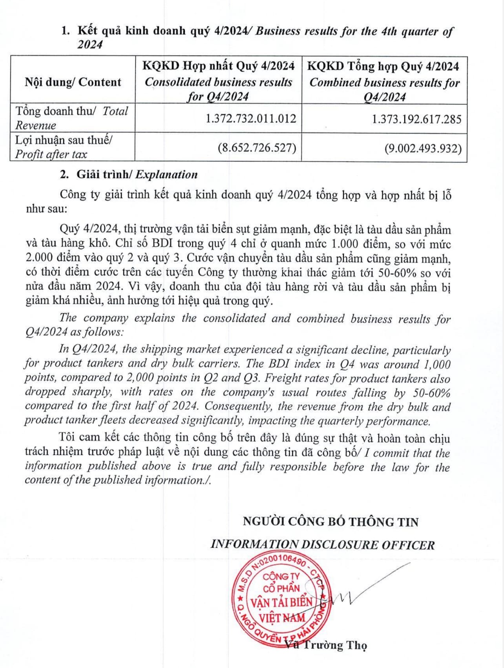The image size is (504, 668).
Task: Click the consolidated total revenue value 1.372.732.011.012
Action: pos(251,119)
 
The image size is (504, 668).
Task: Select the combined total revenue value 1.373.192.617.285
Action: pos(416,119)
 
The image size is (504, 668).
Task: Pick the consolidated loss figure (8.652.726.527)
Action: pos(257,148)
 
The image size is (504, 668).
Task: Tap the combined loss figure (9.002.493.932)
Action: pos(423,148)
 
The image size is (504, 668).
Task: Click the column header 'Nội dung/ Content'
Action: pos(73,82)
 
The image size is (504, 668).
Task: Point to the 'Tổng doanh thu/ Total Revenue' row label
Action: pos(72,118)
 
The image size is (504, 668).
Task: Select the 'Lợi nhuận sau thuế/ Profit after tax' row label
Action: pos(64,147)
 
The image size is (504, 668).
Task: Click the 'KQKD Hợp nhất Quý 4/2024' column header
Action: pos(218,66)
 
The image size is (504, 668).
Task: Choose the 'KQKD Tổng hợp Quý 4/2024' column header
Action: pos(383,66)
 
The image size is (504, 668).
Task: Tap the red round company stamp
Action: pos(280,598)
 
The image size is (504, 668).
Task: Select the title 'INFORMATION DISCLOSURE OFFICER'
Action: pos(322,545)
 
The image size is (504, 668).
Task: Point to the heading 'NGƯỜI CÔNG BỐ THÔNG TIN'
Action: pos(331,521)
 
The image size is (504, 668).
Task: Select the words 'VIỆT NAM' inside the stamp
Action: pos(282,618)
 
